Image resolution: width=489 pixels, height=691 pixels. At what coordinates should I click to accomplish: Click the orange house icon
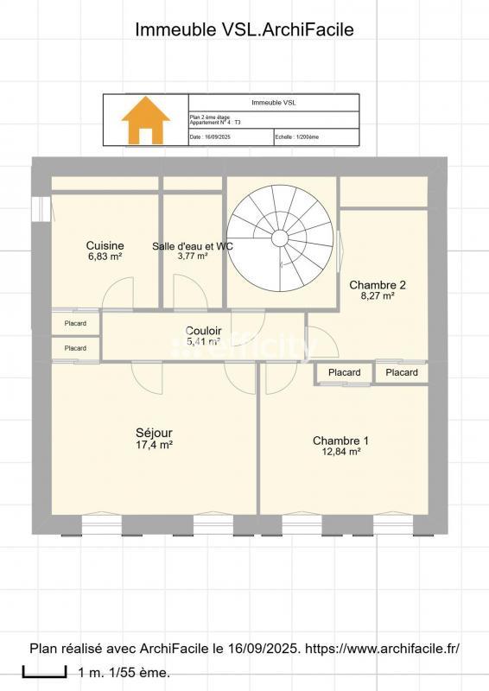146,120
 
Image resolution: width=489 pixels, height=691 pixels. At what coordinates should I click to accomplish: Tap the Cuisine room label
105,245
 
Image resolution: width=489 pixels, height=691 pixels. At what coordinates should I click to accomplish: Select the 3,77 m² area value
192,257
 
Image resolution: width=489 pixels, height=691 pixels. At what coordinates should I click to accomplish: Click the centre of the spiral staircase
280,238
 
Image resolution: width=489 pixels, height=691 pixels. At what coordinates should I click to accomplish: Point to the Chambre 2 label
377,285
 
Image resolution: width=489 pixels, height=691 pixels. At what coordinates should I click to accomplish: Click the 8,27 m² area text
377,296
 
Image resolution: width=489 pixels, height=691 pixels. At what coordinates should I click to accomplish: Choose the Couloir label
204,331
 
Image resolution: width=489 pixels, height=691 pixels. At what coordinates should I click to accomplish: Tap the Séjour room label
154,433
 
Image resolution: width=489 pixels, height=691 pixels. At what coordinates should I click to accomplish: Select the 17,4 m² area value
154,445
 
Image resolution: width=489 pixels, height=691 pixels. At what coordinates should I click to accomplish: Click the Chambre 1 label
340,441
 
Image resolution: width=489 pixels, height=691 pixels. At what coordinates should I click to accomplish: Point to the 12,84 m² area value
340,452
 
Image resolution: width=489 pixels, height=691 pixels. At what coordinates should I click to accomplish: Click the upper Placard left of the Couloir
75,323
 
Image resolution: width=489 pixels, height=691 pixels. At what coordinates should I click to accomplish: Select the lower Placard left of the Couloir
75,348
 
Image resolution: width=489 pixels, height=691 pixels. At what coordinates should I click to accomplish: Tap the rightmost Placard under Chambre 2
401,372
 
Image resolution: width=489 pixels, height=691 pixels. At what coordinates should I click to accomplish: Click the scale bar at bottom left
38,671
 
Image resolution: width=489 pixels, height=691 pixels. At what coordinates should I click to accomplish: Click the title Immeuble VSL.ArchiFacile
244,29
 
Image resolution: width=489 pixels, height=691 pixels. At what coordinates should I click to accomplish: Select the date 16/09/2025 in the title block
217,136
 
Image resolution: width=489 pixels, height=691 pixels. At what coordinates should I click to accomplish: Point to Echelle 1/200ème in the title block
297,136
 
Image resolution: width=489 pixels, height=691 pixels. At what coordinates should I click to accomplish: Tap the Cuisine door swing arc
117,295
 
